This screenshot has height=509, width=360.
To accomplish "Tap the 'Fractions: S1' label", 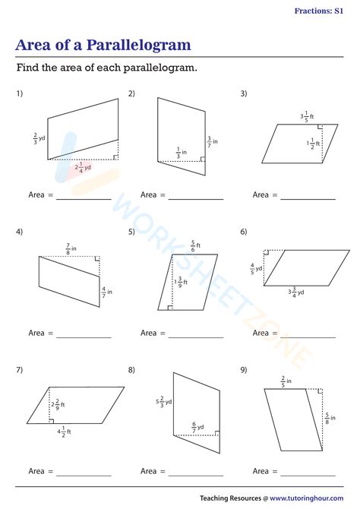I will tap(323, 11).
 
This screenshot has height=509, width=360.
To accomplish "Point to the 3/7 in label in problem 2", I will tap(212, 141).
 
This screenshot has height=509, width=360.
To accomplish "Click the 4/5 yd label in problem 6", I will tap(256, 268).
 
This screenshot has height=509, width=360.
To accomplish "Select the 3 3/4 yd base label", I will tap(295, 292).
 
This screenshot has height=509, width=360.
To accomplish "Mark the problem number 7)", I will tap(19, 370).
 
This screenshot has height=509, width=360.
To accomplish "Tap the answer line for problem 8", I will tap(196, 476).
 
